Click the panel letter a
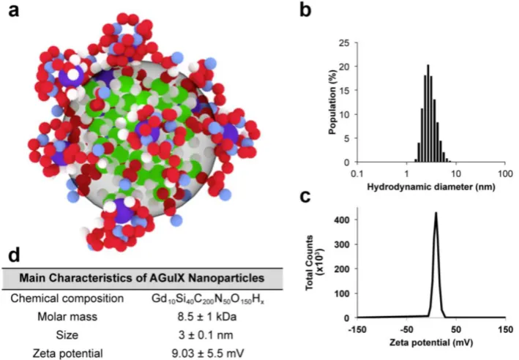click(14, 11)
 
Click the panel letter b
click(305, 10)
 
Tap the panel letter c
click(305, 196)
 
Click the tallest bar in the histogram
click(428, 113)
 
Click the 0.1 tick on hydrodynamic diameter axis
click(356, 173)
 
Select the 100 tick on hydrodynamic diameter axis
click(505, 173)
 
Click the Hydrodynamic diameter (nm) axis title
click(431, 187)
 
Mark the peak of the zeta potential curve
click(436, 213)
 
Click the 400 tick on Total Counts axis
click(343, 220)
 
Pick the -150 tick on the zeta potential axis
click(356, 329)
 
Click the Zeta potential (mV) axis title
click(431, 342)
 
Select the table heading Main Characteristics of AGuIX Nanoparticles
click(142, 277)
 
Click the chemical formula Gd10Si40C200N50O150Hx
click(208, 299)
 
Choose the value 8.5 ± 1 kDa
click(207, 317)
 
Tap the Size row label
click(67, 335)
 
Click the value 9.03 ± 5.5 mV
click(208, 353)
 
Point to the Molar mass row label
click(67, 317)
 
